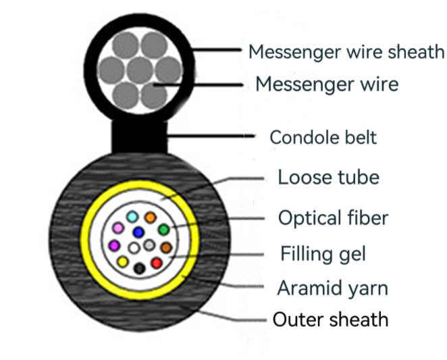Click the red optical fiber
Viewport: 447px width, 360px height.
coord(157,262)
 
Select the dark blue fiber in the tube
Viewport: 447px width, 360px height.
coord(139,232)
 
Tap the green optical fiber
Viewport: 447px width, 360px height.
coord(164,230)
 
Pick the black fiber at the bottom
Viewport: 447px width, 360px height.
coord(140,268)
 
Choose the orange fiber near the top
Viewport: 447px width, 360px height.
coord(151,217)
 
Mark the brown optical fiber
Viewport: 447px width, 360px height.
coord(166,247)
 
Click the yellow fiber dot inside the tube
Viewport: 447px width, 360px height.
coord(123,261)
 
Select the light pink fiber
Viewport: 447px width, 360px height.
coord(117,227)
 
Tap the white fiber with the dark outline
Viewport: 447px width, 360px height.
coord(134,248)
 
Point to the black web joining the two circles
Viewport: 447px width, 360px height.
coord(138,138)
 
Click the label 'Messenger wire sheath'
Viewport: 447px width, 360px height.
coord(346,51)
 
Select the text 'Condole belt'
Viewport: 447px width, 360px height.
coord(323,137)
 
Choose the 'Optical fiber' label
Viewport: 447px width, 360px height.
coord(334,217)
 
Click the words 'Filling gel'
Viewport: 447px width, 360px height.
coord(323,254)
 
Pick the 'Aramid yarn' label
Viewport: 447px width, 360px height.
coord(332,288)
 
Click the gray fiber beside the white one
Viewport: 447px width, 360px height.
coord(149,244)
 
